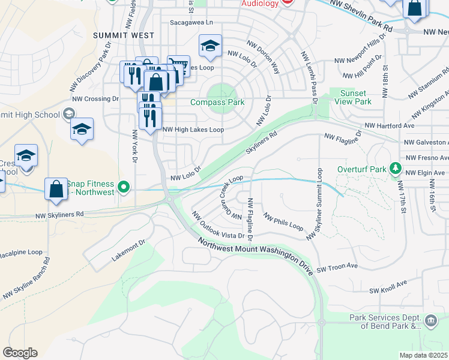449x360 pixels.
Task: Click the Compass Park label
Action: pyautogui.click(x=217, y=103)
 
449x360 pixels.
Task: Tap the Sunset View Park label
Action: pyautogui.click(x=356, y=97)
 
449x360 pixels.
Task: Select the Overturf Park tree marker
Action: pyautogui.click(x=395, y=169)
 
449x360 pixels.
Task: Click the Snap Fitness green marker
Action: pyautogui.click(x=124, y=187)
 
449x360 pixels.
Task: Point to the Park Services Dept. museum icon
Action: pyautogui.click(x=431, y=321)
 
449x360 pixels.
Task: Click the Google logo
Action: pyautogui.click(x=20, y=352)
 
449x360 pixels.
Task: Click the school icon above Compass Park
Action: pyautogui.click(x=210, y=46)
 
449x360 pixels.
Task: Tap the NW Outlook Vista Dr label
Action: pyautogui.click(x=218, y=226)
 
